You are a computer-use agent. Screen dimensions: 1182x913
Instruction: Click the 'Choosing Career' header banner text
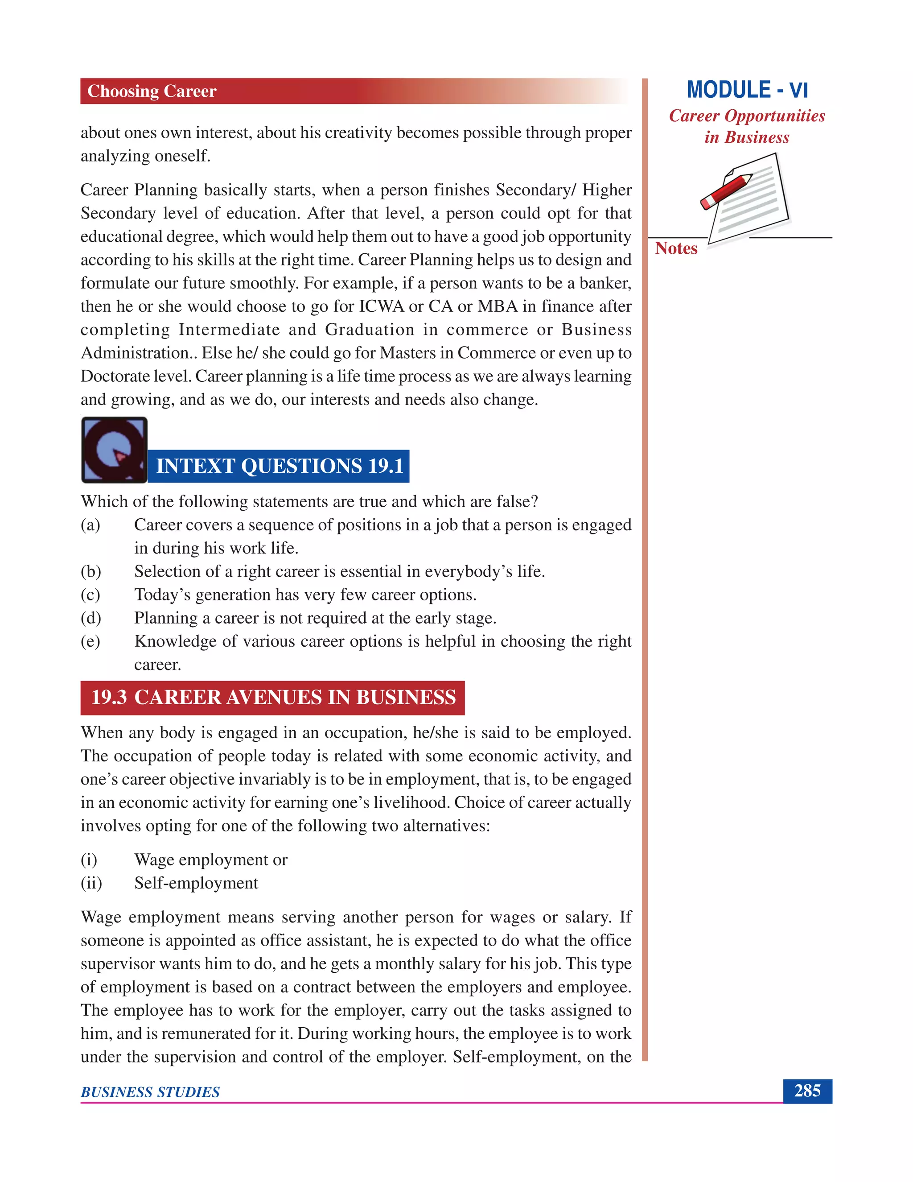152,91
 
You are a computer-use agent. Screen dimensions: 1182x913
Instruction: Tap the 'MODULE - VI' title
747,90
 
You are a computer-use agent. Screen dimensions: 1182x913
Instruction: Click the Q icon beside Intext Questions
114,449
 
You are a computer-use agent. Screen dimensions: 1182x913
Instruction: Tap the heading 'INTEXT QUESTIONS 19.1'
279,466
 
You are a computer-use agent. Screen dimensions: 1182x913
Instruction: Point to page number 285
807,1091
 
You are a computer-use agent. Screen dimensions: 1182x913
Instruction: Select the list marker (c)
90,595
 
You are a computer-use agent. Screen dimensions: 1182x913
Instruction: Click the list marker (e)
90,641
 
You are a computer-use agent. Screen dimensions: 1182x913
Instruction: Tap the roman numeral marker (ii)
91,883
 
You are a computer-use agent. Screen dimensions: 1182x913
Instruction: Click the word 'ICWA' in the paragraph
381,306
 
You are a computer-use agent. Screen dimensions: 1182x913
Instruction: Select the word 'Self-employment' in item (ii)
196,883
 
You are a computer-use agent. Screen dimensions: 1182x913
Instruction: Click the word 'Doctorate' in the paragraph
107,376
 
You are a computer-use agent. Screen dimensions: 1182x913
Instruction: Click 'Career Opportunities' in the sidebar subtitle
747,116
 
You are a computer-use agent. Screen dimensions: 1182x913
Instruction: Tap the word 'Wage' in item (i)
154,860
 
